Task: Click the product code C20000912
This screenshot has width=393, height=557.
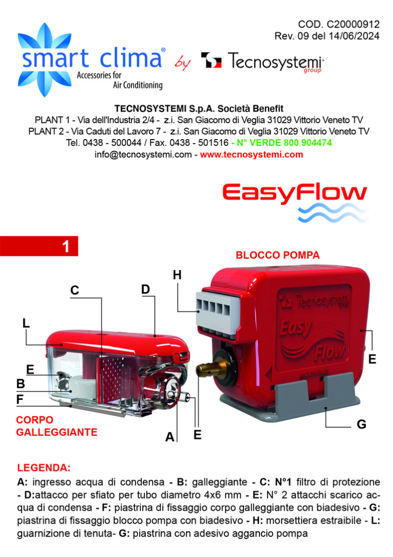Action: [x=353, y=24]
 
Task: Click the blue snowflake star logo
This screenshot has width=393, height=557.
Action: [x=44, y=60]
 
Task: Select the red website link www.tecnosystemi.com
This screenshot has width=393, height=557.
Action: [x=252, y=154]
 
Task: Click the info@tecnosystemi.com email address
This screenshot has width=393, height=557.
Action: [x=143, y=154]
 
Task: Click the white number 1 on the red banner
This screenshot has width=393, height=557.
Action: [x=65, y=247]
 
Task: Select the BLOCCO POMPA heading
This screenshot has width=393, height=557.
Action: [x=278, y=255]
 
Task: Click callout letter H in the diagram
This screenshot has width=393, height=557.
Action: [x=177, y=275]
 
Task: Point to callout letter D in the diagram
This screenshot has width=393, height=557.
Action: [x=145, y=289]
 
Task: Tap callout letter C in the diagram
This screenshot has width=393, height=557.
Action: [x=74, y=290]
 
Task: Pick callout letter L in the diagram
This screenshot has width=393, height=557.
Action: [x=26, y=323]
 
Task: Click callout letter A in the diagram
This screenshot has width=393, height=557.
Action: [x=170, y=437]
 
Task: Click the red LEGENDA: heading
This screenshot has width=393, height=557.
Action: [x=43, y=467]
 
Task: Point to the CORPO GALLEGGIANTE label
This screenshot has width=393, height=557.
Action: [x=57, y=426]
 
